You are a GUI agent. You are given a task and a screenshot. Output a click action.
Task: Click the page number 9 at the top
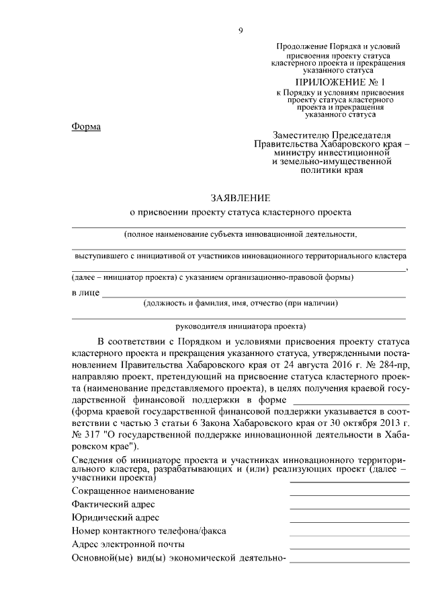240,30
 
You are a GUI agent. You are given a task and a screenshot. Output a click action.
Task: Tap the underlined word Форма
86,127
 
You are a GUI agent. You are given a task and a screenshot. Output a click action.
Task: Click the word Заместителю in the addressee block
302,135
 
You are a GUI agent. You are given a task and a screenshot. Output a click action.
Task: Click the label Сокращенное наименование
132,491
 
